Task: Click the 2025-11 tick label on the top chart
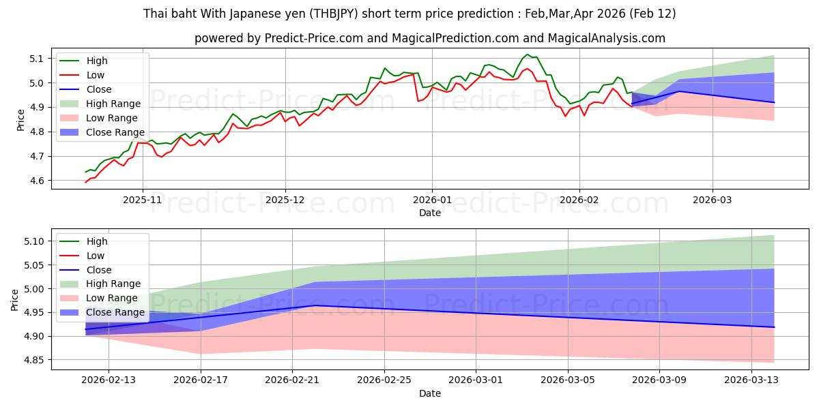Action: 143,201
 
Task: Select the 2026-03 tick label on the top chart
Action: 713,201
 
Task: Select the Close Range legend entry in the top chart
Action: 115,132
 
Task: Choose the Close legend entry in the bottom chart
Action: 99,270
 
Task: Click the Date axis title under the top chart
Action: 430,213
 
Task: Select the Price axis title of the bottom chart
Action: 15,299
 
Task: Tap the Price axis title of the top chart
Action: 20,120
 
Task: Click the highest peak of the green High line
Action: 527,55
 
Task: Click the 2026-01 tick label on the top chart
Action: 431,201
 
